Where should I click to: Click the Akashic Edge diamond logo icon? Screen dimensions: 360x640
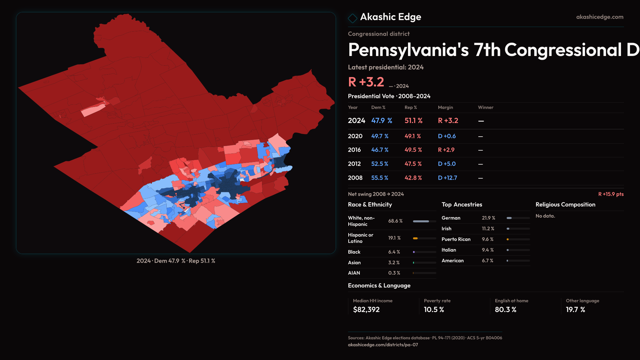352,18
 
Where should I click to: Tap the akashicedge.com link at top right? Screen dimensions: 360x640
599,17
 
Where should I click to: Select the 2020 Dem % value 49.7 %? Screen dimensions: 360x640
380,136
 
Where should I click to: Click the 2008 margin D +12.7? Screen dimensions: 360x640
447,178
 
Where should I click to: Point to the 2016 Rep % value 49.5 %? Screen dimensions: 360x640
413,150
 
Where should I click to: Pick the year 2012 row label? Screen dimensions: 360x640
355,164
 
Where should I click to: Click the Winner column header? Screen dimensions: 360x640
485,107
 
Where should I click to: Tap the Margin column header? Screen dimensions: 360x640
445,107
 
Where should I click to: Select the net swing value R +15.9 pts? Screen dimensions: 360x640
611,194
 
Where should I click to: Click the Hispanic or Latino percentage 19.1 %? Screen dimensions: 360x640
394,238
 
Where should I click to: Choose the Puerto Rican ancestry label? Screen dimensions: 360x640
456,239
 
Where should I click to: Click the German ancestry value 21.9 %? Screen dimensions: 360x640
488,218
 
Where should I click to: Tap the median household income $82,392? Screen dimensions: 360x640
366,310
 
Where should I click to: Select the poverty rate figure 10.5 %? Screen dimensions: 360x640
434,310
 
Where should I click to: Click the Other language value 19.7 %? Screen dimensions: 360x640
575,310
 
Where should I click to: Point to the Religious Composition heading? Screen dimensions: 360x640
565,205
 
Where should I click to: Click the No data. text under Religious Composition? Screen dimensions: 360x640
545,216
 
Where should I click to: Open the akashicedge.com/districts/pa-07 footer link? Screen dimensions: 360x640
383,345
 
